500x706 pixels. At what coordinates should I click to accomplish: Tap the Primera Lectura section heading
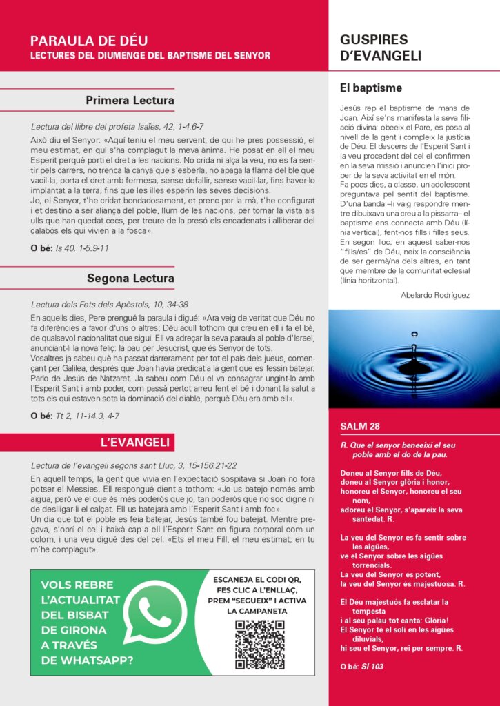click(130, 101)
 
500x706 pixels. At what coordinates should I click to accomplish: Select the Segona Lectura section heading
click(130, 279)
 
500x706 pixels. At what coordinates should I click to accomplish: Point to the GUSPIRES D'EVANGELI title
click(380, 48)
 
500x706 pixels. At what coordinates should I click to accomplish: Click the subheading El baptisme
click(371, 88)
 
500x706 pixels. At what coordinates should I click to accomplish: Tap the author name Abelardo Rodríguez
click(435, 295)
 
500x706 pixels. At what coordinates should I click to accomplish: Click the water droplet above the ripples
click(414, 335)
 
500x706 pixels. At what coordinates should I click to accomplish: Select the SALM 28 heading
click(360, 426)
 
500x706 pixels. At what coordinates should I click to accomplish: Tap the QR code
click(259, 645)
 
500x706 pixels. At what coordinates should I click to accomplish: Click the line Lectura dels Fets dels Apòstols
click(110, 304)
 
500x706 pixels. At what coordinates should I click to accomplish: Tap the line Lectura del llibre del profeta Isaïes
click(117, 127)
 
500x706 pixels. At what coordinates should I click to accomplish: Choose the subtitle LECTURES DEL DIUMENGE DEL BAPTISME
click(150, 55)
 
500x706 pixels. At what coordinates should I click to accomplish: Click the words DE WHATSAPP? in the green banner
click(87, 660)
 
